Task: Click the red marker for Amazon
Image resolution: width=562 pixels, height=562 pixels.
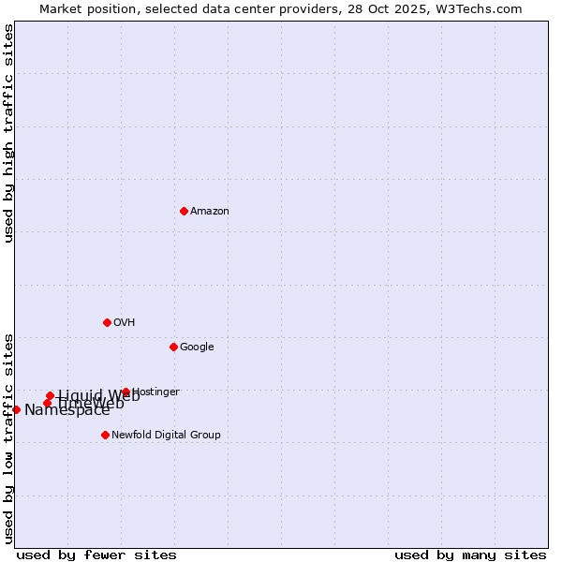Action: tap(184, 211)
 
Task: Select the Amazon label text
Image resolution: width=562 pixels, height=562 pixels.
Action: tap(210, 212)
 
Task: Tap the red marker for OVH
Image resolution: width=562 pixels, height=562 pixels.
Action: tap(107, 322)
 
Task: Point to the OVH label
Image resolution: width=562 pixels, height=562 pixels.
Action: tap(125, 323)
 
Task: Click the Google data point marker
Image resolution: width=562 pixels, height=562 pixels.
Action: tap(173, 347)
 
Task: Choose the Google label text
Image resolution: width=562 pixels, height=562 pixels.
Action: tap(197, 348)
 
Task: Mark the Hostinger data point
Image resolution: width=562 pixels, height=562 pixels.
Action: tap(126, 392)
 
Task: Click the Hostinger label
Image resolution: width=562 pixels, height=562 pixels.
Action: tap(156, 392)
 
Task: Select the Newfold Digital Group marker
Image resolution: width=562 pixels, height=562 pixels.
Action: tap(105, 435)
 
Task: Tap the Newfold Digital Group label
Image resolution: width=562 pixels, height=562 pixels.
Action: tap(166, 435)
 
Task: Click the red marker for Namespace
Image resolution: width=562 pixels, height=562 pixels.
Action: tap(16, 409)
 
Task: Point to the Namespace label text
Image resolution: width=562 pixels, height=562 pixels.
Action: tap(67, 410)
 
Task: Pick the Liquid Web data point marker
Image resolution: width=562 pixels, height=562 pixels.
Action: tap(50, 395)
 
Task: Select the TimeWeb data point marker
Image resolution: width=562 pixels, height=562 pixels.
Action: tap(47, 403)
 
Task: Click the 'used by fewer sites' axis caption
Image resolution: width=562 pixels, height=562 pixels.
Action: tap(96, 555)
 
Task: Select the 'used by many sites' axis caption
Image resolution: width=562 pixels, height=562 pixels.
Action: tap(470, 555)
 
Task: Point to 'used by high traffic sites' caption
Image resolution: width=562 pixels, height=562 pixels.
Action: tap(9, 133)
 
